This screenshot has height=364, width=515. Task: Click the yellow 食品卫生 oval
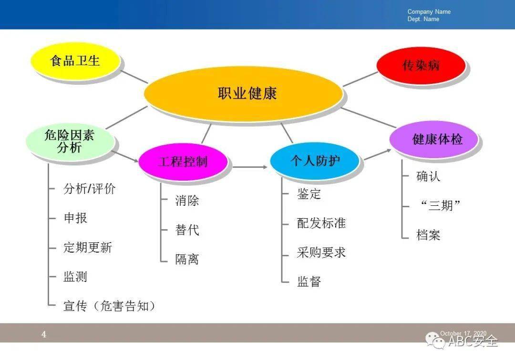click(75, 61)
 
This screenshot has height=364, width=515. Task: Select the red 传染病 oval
click(421, 65)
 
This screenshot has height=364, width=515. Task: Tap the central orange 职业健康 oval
click(243, 93)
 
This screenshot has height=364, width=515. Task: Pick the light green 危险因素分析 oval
click(70, 142)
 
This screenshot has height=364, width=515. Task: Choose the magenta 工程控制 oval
click(183, 162)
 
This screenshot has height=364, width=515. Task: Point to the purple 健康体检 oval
click(433, 139)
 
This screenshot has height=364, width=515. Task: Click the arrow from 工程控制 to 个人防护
click(249, 167)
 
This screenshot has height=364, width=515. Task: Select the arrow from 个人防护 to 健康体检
click(378, 155)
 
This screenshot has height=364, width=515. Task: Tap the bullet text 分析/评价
click(89, 189)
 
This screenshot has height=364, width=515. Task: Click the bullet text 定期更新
click(88, 247)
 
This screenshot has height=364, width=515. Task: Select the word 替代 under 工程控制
click(187, 230)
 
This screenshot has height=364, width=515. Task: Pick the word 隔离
click(187, 259)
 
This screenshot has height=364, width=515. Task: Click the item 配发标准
click(321, 223)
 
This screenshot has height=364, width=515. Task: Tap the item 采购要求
click(321, 253)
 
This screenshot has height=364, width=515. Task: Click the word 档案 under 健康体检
click(428, 235)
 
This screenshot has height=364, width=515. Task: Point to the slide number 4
click(44, 334)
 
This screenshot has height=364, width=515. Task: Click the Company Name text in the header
click(429, 11)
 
